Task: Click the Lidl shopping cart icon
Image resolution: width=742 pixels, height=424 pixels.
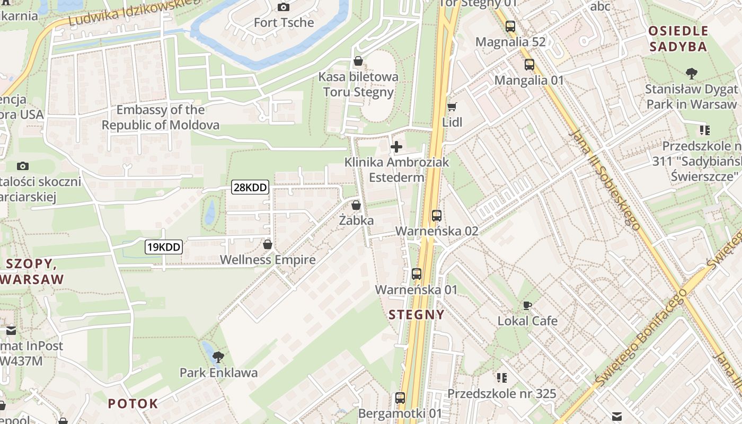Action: coord(452,107)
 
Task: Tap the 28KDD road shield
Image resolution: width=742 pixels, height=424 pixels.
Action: coord(250,187)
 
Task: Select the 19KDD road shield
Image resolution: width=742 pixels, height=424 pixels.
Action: coord(164,246)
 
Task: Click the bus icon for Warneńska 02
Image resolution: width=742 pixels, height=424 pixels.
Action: coord(437,216)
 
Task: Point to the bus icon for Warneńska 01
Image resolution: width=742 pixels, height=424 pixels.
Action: coord(417,274)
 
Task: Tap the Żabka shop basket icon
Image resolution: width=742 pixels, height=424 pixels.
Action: coord(356,205)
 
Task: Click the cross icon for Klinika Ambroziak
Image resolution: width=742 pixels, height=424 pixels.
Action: coord(396,147)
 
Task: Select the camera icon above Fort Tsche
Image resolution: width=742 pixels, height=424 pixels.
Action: coord(284,7)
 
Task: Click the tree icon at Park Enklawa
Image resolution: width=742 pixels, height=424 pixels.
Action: coord(218,357)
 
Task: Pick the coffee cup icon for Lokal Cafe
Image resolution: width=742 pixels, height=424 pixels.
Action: coord(527,305)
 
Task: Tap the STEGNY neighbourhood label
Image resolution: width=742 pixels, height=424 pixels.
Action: coord(417,315)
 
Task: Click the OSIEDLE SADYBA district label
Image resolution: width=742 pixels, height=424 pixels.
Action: coord(678,39)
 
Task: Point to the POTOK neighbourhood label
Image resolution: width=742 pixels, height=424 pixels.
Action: coord(133,403)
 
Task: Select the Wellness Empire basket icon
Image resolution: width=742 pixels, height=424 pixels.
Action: coord(268,244)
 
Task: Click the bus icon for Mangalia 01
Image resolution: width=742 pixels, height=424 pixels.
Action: coord(529,65)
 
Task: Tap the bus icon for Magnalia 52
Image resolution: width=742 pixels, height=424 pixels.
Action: coord(510,26)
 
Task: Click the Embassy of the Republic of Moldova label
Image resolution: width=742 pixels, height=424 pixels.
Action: coord(161,118)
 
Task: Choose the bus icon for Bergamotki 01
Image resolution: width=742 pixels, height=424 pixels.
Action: coord(400,397)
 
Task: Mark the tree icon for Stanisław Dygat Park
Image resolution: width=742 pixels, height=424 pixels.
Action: coord(691,74)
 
